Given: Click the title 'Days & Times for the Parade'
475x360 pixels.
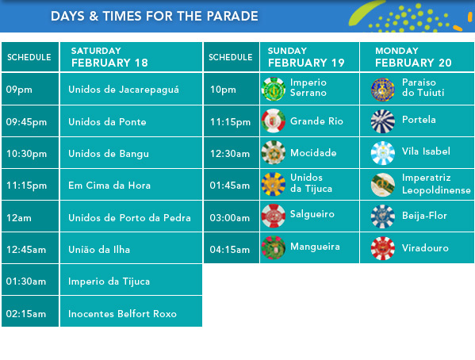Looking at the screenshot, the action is click(x=154, y=16).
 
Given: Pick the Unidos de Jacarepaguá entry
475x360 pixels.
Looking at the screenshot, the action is click(x=124, y=90).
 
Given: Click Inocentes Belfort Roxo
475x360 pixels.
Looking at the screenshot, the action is click(x=122, y=314).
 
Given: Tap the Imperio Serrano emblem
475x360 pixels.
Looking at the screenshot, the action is click(x=274, y=89).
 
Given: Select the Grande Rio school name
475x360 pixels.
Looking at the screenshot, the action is click(x=316, y=121).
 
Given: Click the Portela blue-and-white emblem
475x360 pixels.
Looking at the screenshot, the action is click(x=383, y=121).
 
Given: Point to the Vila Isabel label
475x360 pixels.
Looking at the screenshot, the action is click(x=426, y=151).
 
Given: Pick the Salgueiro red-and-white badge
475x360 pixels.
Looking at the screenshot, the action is click(x=274, y=216).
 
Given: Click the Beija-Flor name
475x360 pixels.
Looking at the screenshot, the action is click(x=424, y=216).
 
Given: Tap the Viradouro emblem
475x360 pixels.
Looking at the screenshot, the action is click(x=383, y=248).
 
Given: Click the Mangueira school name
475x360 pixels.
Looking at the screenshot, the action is click(x=315, y=247).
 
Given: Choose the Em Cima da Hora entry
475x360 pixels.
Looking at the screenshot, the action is click(x=109, y=185).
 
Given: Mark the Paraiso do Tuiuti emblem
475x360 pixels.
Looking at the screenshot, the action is click(x=383, y=89).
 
